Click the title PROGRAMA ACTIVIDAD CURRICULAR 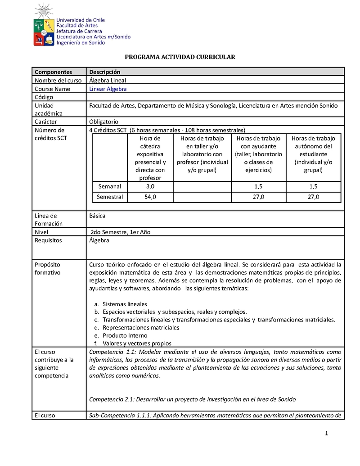pos(180,57)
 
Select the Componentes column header pos(53,72)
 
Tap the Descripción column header pos(105,72)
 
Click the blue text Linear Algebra pos(108,89)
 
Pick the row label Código pos(44,97)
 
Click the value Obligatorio pos(104,122)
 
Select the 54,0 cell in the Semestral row pos(150,197)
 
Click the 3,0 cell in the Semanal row pos(150,186)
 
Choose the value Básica pos(98,216)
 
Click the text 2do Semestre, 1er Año pos(121,232)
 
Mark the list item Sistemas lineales pos(125,304)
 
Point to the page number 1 pos(327,434)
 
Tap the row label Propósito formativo pos(48,269)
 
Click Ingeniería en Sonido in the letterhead pos(81,43)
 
